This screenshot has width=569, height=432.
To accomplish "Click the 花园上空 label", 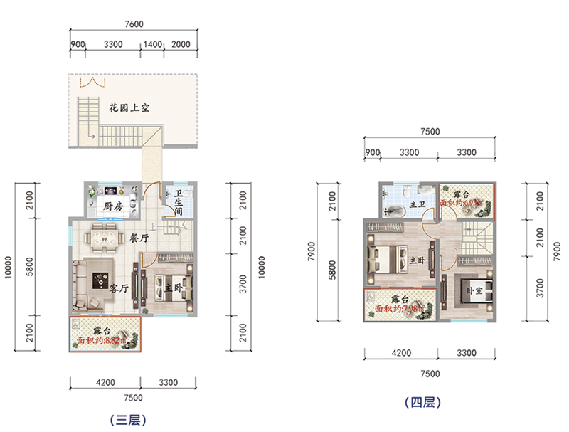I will click(x=129, y=108).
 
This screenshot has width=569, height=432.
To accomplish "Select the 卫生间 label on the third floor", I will click(x=179, y=203).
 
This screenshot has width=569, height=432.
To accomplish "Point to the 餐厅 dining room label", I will click(x=139, y=238).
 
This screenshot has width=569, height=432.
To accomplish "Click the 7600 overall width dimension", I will click(x=134, y=23).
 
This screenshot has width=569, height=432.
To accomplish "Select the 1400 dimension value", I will click(x=153, y=44).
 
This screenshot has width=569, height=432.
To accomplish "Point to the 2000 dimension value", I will click(x=181, y=44).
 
